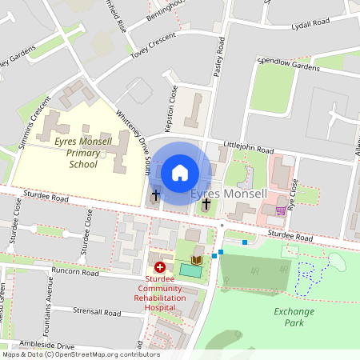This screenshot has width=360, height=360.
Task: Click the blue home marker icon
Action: click(180, 172)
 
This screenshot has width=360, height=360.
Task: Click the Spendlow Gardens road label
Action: click(288, 63)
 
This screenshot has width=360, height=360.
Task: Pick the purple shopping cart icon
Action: click(281, 210)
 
